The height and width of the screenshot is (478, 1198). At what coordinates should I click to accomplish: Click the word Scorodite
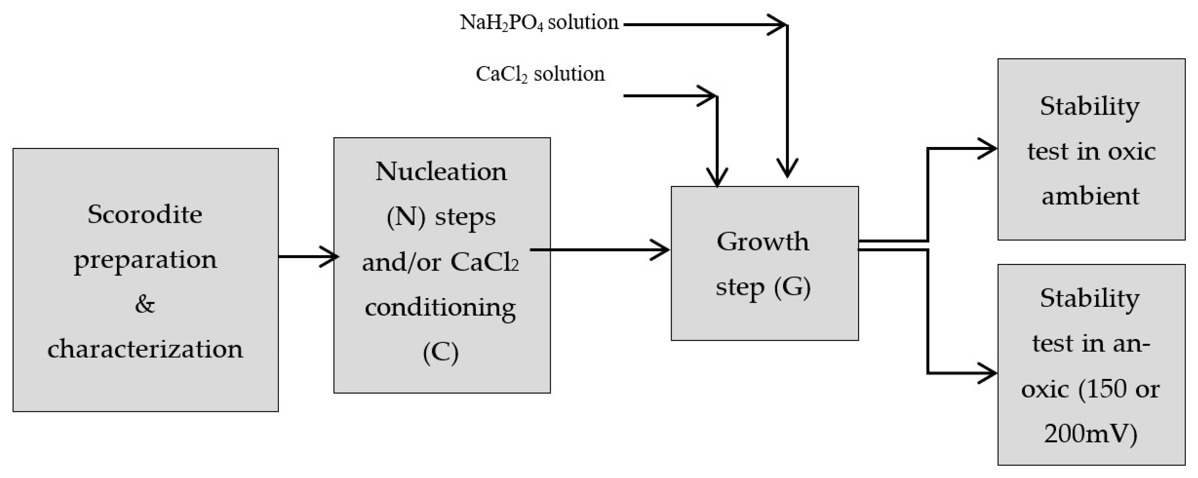(145, 215)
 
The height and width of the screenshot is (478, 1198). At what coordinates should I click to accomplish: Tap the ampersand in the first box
(145, 305)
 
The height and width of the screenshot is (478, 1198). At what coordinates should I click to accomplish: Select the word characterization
(145, 349)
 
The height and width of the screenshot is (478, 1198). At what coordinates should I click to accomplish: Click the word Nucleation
(441, 171)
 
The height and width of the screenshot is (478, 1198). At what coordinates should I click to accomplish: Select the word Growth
(763, 241)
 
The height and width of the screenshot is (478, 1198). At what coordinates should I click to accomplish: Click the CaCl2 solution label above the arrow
(540, 74)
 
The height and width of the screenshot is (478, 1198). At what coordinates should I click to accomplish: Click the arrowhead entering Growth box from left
(663, 250)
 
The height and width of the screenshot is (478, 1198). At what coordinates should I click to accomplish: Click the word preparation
(145, 260)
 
